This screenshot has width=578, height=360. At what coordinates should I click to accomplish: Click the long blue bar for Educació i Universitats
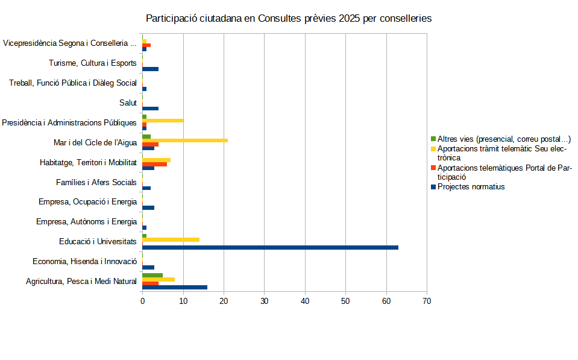[270, 247]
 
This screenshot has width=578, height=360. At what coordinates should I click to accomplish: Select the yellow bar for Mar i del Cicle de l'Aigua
[185, 141]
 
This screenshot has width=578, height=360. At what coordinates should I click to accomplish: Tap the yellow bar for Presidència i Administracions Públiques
[163, 121]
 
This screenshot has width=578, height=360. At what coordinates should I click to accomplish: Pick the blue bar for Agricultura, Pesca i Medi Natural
[175, 287]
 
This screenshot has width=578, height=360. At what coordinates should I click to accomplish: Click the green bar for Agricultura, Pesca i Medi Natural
[152, 275]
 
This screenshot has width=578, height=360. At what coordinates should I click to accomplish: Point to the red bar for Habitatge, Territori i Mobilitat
[154, 164]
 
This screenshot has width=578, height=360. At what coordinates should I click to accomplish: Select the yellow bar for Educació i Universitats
[171, 239]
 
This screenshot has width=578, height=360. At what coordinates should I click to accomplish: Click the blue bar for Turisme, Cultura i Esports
[150, 69]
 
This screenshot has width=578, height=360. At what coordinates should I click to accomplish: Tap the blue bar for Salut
[150, 109]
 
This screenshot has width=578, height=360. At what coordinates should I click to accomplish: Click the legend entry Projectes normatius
[471, 187]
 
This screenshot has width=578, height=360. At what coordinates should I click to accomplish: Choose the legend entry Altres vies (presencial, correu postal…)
[504, 139]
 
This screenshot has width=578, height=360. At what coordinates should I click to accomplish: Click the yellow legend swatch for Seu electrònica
[433, 148]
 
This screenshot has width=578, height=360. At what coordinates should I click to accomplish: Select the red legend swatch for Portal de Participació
[433, 168]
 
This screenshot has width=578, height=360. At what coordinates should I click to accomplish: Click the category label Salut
[128, 103]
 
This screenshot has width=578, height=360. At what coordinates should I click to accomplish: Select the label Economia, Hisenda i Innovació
[84, 261]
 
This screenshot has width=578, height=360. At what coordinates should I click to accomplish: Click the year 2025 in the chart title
[349, 19]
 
